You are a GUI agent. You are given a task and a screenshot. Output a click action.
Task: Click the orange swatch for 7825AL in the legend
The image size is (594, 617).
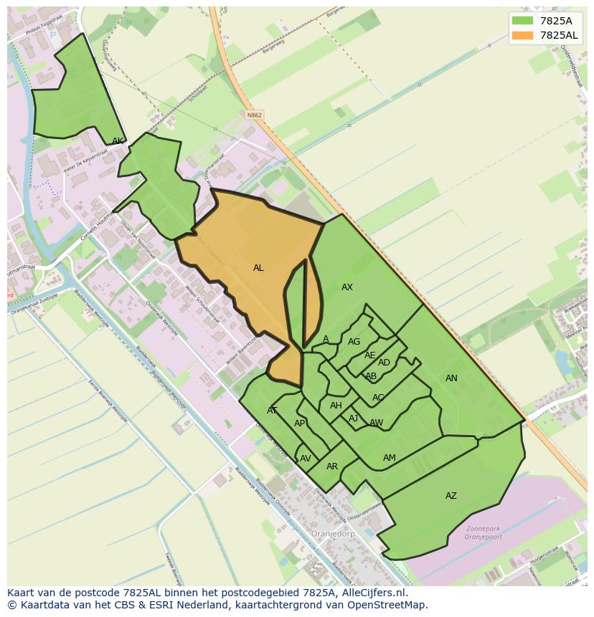523,35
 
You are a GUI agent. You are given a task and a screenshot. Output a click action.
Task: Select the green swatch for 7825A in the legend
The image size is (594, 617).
523,21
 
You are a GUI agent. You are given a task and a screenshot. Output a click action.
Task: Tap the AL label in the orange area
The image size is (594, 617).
258,268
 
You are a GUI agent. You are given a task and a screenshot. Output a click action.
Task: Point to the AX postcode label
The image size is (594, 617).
347,287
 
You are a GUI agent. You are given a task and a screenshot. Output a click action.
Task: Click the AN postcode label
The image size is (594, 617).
451,378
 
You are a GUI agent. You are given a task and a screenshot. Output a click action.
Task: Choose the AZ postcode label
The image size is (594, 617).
451,496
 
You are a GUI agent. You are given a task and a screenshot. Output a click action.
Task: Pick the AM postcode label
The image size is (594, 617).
390,458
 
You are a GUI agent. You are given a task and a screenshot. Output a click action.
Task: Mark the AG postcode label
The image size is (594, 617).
354,342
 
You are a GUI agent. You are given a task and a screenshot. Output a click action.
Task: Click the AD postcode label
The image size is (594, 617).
384,363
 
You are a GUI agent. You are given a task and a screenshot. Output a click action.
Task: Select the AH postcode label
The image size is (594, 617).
336,406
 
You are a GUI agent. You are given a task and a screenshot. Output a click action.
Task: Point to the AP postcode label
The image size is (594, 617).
300,424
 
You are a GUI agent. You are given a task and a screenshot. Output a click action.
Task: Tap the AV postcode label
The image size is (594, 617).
306,459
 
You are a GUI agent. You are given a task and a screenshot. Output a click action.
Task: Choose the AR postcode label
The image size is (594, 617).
332,467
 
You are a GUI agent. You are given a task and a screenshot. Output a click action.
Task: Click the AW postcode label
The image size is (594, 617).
377,423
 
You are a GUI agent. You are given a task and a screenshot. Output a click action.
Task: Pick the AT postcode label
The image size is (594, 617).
272,411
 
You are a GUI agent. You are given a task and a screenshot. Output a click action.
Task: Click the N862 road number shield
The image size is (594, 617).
253,115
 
